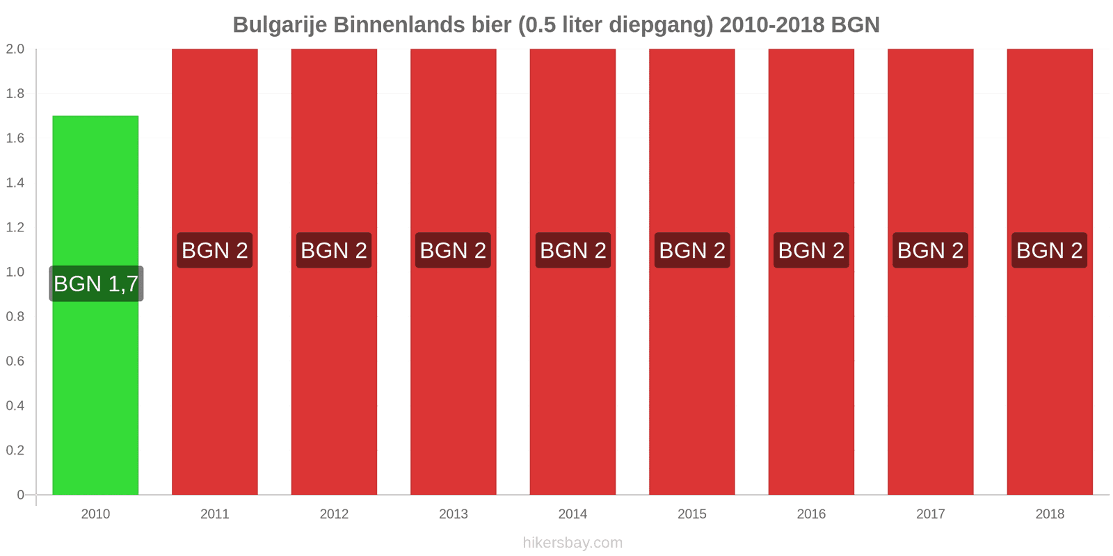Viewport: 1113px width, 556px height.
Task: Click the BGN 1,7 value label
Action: pyautogui.click(x=96, y=284)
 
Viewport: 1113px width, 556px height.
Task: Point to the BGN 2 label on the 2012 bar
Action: pyautogui.click(x=334, y=250)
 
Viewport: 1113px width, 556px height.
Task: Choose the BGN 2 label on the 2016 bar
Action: pyautogui.click(x=811, y=250)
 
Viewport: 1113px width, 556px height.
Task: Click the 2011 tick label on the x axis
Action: pyautogui.click(x=215, y=514)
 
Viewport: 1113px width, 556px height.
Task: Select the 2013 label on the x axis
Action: pyautogui.click(x=454, y=514)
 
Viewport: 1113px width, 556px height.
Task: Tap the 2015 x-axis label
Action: pyautogui.click(x=692, y=514)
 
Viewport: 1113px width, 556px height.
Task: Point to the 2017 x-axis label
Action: pyautogui.click(x=931, y=514)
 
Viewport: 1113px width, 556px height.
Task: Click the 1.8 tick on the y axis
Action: pyautogui.click(x=15, y=94)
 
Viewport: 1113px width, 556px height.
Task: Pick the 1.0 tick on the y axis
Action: pyautogui.click(x=15, y=272)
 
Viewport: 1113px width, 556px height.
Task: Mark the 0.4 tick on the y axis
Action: pyautogui.click(x=15, y=406)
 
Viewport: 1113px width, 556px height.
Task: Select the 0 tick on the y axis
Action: pyautogui.click(x=21, y=495)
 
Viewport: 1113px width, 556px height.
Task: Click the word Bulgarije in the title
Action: pyautogui.click(x=280, y=25)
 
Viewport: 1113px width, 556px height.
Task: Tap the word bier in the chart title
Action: pyautogui.click(x=491, y=25)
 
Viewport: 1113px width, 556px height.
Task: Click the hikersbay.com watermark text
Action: pyautogui.click(x=572, y=543)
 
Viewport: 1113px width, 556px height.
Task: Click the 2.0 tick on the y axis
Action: pyautogui.click(x=15, y=49)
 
